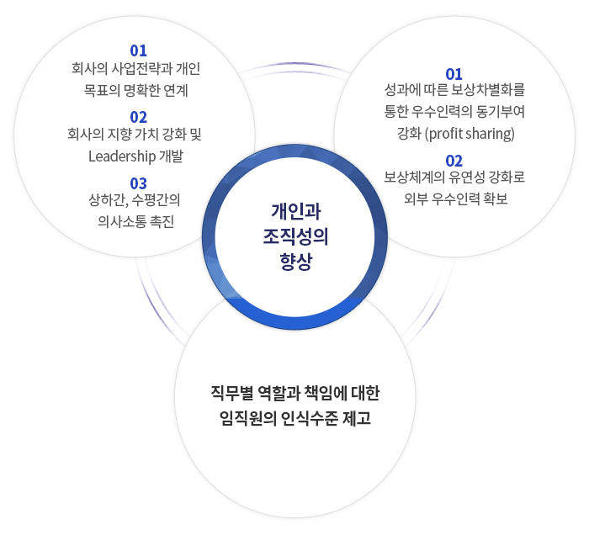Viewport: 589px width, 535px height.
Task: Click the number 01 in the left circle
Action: [138, 50]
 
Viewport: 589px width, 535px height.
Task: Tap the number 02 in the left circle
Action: [138, 118]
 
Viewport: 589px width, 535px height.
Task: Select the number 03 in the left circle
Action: [138, 183]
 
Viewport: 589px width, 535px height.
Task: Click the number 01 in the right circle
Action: [454, 74]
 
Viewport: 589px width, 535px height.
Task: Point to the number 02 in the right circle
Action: [454, 161]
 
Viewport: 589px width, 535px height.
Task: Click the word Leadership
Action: [122, 156]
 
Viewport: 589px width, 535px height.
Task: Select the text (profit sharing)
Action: [470, 134]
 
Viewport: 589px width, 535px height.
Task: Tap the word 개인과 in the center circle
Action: [296, 211]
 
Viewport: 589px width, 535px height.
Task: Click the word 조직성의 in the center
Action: [296, 236]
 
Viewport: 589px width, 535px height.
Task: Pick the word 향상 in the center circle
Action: [296, 262]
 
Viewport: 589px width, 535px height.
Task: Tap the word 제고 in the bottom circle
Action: [357, 418]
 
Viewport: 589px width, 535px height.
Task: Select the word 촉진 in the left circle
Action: [162, 221]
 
